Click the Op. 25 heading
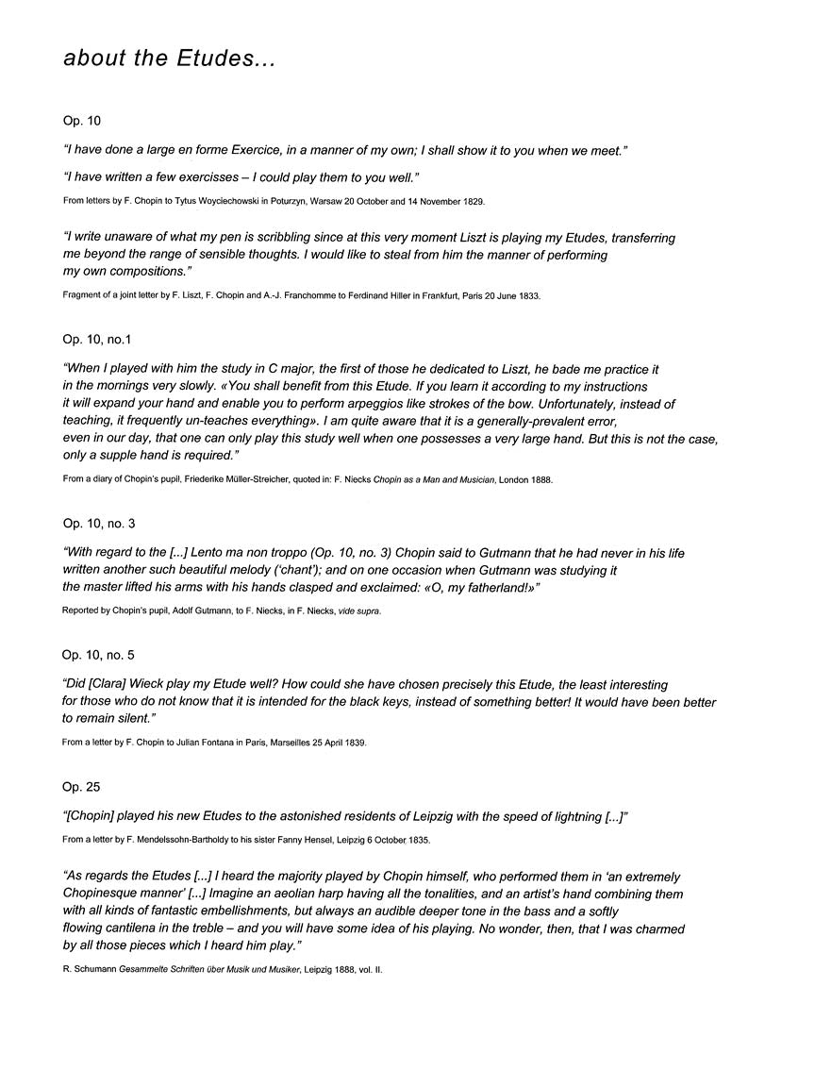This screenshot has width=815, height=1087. pos(81,786)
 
